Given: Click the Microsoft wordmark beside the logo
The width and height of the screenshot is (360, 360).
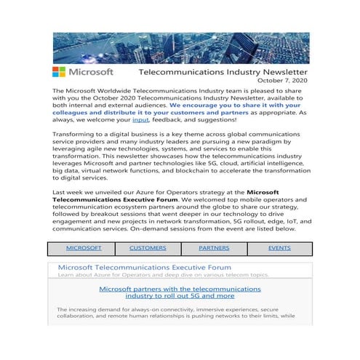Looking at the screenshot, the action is tap(92, 73).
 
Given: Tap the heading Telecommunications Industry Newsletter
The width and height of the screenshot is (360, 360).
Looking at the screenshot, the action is tap(223, 73).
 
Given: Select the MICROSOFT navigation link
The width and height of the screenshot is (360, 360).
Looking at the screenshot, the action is tap(84, 248).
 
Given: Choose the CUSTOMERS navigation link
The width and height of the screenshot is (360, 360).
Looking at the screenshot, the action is tap(148, 248).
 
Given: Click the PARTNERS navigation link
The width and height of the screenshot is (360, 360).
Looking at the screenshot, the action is tap(214, 248).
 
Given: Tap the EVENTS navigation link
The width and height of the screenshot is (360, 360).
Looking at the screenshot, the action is tap(279, 248).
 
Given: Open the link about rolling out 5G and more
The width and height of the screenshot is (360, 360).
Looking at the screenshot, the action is tap(180, 292).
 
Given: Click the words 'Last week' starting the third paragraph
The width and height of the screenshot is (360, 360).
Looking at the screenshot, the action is tap(69, 193).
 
